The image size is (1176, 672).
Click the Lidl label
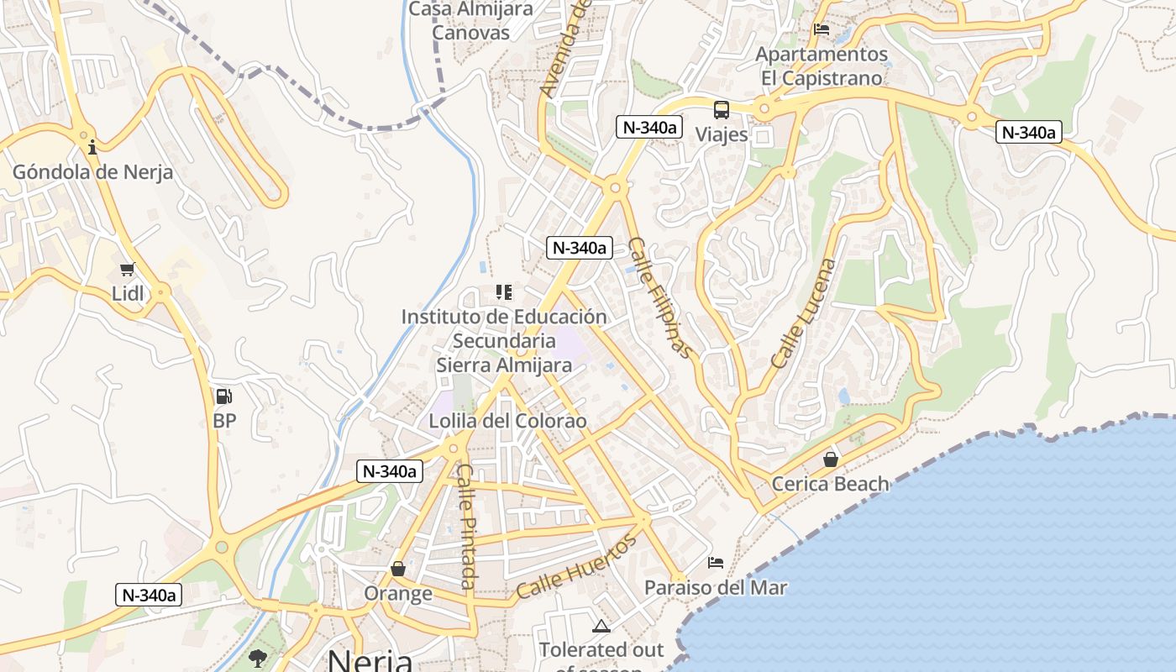(128, 293)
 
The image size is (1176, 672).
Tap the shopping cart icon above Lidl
(128, 270)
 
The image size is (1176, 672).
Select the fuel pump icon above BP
(223, 396)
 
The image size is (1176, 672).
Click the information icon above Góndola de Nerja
(92, 148)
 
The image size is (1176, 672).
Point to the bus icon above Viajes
(722, 110)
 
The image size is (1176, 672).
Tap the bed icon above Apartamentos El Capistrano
(822, 29)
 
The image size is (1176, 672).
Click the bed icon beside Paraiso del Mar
(716, 562)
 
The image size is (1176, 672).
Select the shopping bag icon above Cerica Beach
(831, 459)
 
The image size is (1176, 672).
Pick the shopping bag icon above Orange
(398, 570)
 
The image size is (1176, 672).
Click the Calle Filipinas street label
(662, 297)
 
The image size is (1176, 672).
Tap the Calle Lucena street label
(805, 313)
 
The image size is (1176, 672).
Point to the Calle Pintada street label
(467, 527)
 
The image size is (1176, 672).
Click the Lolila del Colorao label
(507, 421)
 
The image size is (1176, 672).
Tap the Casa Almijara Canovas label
(471, 21)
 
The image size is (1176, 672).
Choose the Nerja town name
(370, 659)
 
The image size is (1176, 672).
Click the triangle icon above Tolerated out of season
(601, 626)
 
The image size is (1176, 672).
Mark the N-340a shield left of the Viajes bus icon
(649, 128)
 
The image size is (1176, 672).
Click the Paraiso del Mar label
(716, 587)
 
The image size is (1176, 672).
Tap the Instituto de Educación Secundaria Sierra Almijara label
(504, 341)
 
